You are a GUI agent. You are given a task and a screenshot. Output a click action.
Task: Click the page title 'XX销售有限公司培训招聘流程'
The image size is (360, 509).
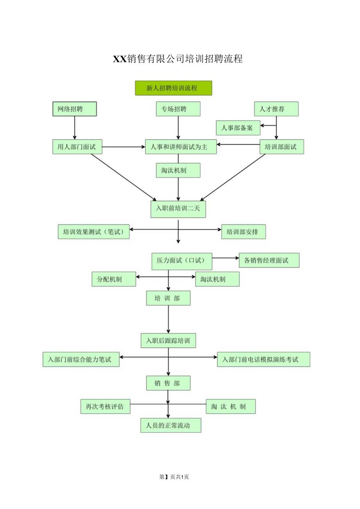(178, 59)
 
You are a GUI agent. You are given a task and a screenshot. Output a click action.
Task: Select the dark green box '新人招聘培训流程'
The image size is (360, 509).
(173, 88)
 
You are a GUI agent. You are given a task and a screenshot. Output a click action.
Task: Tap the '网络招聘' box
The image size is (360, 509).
(74, 109)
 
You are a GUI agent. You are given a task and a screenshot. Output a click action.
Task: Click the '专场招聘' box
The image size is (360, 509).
(178, 109)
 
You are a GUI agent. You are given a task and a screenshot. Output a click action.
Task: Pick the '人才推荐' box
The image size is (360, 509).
(276, 109)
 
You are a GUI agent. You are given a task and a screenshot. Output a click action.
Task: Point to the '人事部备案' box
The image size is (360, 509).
(238, 128)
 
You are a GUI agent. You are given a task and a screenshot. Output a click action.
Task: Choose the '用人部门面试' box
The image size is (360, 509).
(77, 147)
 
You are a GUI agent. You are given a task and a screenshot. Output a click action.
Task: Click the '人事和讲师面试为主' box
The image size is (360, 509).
(181, 147)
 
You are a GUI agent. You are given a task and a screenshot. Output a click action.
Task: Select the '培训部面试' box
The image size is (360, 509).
(282, 147)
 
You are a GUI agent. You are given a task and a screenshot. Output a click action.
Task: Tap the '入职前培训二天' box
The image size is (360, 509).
(178, 209)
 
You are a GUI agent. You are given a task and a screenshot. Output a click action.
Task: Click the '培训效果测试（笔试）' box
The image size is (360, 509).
(94, 231)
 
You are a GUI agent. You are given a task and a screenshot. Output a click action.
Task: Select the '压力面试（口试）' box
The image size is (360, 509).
(182, 261)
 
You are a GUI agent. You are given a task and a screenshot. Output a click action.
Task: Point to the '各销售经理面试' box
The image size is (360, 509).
(269, 260)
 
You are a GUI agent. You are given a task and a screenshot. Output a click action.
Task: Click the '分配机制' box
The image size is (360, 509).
(114, 279)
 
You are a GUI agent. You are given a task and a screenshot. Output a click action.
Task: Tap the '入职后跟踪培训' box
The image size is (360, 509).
(168, 340)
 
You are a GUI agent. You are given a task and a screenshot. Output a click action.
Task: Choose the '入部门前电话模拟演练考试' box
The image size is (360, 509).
(263, 359)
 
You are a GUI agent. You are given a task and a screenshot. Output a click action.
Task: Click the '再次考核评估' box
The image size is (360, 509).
(105, 406)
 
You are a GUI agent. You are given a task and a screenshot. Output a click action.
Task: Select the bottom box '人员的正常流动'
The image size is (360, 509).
(171, 425)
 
